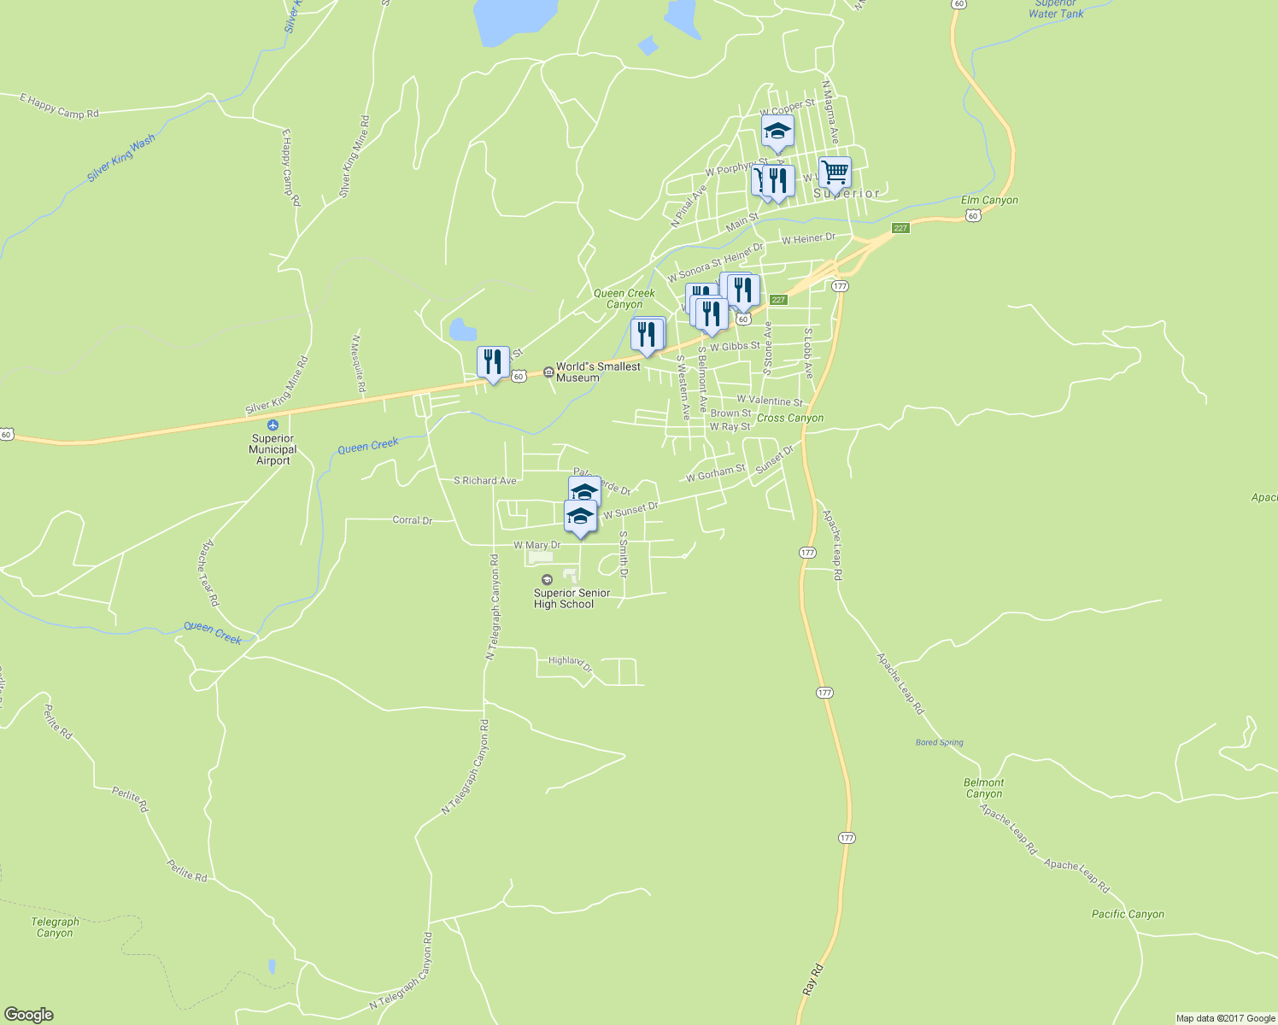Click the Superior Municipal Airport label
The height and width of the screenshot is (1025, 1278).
point(273,449)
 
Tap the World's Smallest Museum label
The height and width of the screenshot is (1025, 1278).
point(597,372)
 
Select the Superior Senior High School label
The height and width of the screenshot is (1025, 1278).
point(572,598)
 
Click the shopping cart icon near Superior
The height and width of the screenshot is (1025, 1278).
point(835,172)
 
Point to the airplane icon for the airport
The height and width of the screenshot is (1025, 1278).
point(273,425)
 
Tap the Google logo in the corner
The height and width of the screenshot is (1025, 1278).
point(28,1014)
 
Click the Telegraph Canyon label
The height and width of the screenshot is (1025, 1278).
point(56,927)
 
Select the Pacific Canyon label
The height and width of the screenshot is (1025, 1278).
point(1128,914)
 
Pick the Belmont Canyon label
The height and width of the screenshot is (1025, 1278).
point(983,788)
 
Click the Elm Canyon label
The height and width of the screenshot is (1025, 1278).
point(989,200)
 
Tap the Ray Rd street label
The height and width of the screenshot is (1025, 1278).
point(812,979)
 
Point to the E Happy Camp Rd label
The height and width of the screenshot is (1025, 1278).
point(59,107)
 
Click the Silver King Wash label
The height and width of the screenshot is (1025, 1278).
point(121,158)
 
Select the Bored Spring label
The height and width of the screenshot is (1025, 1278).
point(939,742)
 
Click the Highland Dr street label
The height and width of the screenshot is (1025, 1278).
point(570,663)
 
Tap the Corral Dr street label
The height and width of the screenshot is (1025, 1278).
point(412,519)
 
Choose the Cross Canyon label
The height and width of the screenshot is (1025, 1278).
point(790,418)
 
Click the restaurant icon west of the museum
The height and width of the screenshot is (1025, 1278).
point(493,363)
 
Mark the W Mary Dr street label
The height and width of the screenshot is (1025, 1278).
point(536,545)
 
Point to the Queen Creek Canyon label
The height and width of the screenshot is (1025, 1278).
point(624,298)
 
